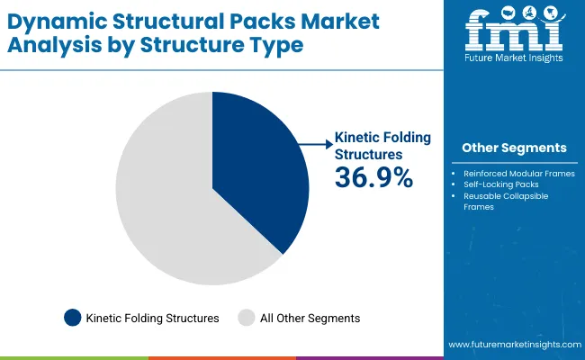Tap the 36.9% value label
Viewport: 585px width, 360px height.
pyautogui.click(x=373, y=178)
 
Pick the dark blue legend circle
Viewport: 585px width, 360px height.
pyautogui.click(x=72, y=317)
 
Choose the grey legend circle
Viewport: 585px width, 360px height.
pyautogui.click(x=246, y=317)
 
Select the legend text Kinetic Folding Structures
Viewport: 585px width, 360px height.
pyautogui.click(x=153, y=318)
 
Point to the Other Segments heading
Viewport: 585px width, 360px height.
pyautogui.click(x=514, y=148)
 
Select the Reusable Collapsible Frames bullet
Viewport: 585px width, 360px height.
pyautogui.click(x=506, y=201)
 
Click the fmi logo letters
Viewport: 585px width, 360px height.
pyautogui.click(x=514, y=31)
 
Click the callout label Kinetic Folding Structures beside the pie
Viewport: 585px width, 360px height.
pyautogui.click(x=382, y=145)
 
